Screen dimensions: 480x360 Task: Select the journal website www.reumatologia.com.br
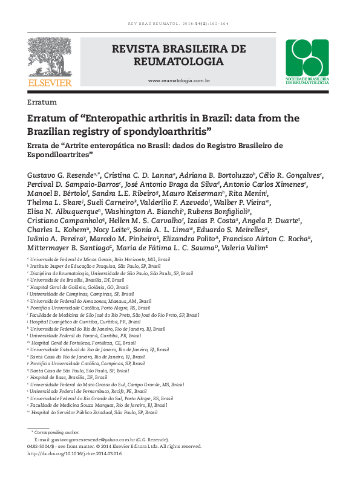click(x=179, y=80)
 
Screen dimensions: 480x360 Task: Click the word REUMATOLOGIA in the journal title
click(x=179, y=62)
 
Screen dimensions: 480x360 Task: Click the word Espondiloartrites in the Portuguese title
click(x=59, y=155)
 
